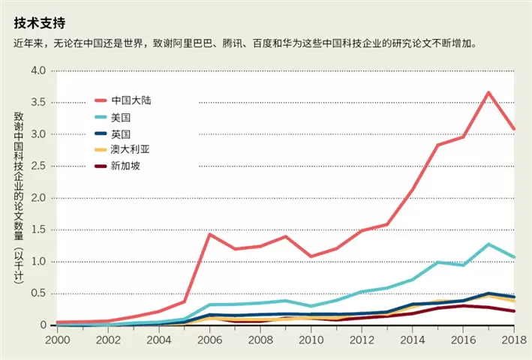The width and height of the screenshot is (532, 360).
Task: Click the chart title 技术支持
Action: [38, 22]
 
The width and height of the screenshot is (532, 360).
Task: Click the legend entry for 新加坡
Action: [125, 166]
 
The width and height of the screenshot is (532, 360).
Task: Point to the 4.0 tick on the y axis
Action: [38, 70]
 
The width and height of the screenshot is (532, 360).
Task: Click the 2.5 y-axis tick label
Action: [38, 166]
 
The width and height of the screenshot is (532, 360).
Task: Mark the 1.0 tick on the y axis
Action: [38, 262]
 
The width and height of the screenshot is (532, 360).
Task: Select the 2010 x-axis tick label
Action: [311, 340]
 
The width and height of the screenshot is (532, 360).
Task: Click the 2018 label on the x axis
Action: [514, 340]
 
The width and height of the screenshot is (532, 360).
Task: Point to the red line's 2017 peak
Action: [488, 92]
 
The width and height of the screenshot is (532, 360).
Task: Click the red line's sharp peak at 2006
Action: [209, 234]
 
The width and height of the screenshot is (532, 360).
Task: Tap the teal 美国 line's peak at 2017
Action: [488, 244]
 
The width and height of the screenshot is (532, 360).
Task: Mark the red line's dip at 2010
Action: [311, 256]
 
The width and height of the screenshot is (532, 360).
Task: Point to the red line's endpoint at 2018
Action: [514, 129]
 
